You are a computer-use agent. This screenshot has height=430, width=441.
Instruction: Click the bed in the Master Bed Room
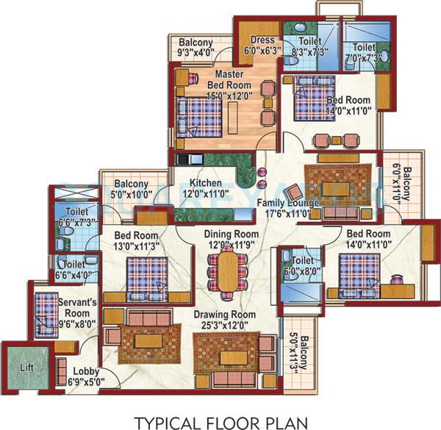tap(197, 115)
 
